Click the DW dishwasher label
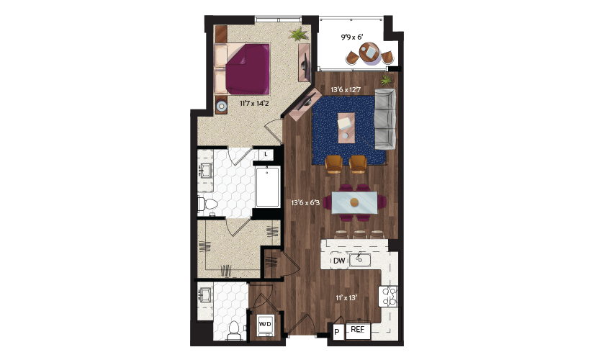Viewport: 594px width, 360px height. (339, 261)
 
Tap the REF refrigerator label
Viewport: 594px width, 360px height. (357, 329)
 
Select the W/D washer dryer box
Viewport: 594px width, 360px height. (265, 325)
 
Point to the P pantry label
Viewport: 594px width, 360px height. (337, 333)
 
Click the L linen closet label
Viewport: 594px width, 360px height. (266, 154)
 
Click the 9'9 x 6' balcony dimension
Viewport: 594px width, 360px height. (352, 37)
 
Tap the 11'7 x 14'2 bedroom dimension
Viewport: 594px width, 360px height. (254, 103)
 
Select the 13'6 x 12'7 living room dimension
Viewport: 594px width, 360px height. (346, 90)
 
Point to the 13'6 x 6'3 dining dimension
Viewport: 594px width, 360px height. (305, 203)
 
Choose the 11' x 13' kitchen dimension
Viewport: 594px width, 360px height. (346, 298)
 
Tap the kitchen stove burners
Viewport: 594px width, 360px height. (388, 296)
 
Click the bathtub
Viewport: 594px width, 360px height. (267, 186)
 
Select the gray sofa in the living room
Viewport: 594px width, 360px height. (385, 119)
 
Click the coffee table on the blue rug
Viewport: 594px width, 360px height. (346, 127)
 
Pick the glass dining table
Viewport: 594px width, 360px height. (354, 202)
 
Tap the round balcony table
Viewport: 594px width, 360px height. (369, 52)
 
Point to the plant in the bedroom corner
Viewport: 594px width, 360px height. (299, 34)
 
